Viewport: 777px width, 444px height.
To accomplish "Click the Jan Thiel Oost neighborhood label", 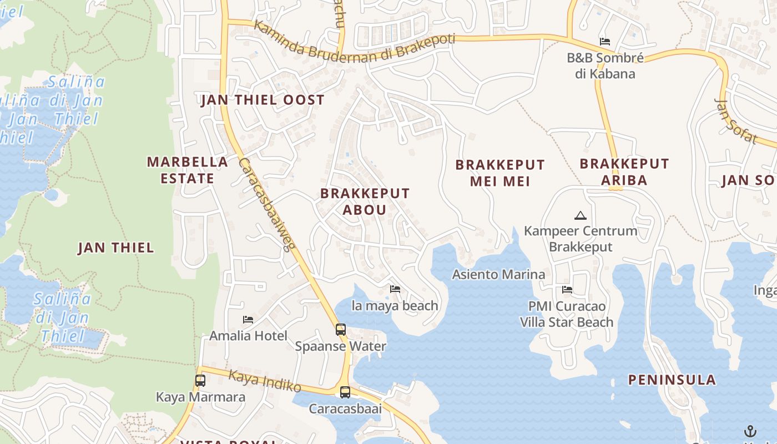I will pos(263,100).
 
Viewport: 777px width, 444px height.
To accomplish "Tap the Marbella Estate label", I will pos(188,170).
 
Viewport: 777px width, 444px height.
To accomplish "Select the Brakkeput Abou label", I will pos(365,201).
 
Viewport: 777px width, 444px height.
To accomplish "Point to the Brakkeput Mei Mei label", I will pos(500,173).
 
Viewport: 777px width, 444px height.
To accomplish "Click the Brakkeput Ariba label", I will pos(624,171).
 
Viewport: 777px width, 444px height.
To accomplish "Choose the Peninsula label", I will pos(672,380).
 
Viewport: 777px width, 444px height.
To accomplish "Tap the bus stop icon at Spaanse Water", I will pos(341,330).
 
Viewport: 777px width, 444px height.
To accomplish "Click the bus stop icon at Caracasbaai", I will pos(345,392).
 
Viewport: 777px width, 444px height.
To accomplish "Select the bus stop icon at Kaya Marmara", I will pos(200,381).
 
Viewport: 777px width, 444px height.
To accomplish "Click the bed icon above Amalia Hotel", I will pos(248,320).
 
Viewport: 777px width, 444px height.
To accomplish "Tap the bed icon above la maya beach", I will pos(395,289).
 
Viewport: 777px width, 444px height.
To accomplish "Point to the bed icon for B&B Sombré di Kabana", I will pos(605,42).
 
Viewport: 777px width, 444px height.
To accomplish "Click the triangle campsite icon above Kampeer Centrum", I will pos(581,215).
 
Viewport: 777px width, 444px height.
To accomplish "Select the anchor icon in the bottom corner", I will pos(750,431).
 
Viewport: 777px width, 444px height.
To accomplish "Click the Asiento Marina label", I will pos(498,274).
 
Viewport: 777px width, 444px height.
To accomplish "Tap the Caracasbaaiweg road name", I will pos(265,204).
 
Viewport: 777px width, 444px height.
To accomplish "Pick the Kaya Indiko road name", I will pos(265,381).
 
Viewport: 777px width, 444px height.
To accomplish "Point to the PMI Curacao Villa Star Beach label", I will pos(567,314).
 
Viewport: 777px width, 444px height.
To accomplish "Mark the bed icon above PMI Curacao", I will pos(567,290).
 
